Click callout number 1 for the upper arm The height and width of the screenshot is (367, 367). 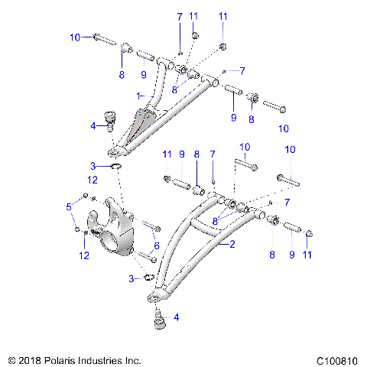point(139,96)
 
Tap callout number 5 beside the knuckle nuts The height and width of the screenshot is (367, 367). point(68,206)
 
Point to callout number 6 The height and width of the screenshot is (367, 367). point(158,245)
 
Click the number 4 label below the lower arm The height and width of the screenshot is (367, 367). point(177,317)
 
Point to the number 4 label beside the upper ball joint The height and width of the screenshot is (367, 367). point(93,125)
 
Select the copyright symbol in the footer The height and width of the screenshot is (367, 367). point(11,359)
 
